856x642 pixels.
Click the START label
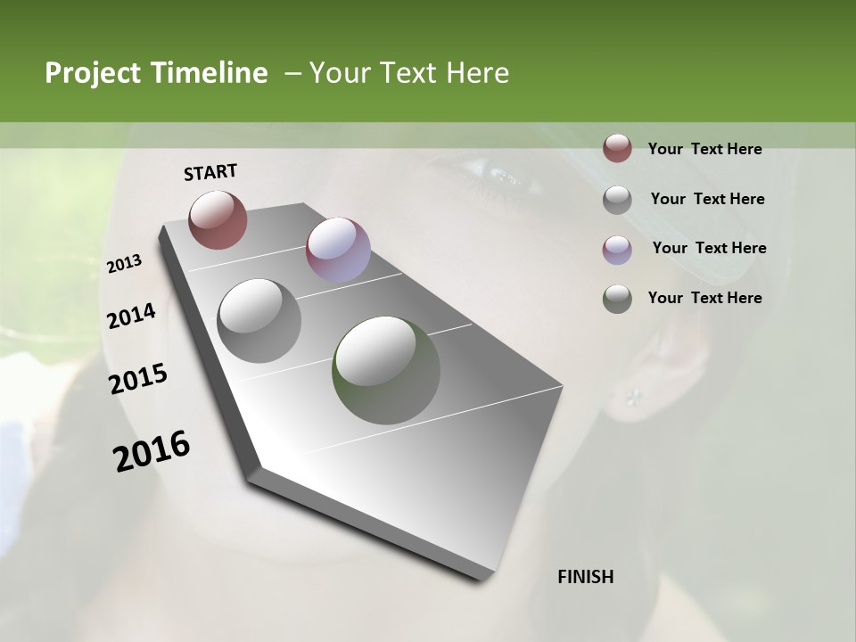pyautogui.click(x=210, y=172)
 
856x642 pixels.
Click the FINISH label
pyautogui.click(x=586, y=577)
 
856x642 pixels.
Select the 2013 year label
pyautogui.click(x=124, y=264)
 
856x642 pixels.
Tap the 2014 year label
pyautogui.click(x=131, y=317)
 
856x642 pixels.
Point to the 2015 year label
pyautogui.click(x=138, y=379)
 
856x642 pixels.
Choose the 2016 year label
pyautogui.click(x=152, y=451)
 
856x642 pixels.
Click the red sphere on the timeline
pyautogui.click(x=218, y=219)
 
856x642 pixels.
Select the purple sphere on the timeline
pyautogui.click(x=338, y=249)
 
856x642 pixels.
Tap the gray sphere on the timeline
pyautogui.click(x=259, y=321)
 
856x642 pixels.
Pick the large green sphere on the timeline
pyautogui.click(x=386, y=370)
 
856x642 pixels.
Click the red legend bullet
pyautogui.click(x=617, y=149)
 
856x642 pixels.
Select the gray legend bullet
pyautogui.click(x=617, y=200)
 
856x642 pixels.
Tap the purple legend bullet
pyautogui.click(x=617, y=249)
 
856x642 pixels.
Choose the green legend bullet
pyautogui.click(x=617, y=299)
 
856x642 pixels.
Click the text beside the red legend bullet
pyautogui.click(x=704, y=149)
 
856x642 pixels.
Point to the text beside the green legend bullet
pyautogui.click(x=704, y=298)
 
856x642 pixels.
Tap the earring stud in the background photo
pyautogui.click(x=634, y=395)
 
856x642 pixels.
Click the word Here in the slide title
pyautogui.click(x=476, y=73)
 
